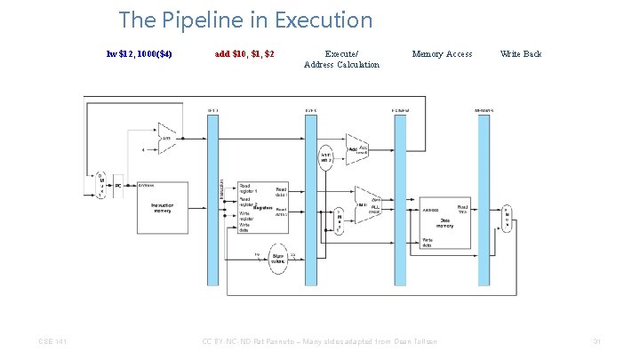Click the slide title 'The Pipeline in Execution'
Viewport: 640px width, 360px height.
point(245,20)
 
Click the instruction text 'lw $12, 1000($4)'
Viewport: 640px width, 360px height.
point(139,54)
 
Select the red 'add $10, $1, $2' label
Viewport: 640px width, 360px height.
point(244,54)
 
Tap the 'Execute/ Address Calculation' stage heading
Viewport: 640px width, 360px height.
point(341,59)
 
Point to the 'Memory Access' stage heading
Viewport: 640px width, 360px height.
point(442,54)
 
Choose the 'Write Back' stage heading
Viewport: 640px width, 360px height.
point(521,54)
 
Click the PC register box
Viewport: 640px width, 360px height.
point(117,186)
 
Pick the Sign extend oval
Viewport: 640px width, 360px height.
point(278,257)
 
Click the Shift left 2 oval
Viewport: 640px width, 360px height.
point(326,157)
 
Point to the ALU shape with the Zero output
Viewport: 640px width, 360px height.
point(367,206)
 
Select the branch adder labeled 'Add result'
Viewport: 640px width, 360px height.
point(357,148)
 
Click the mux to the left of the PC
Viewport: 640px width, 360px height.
point(101,186)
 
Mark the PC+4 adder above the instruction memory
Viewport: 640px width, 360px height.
point(167,138)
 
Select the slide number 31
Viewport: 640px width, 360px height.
point(597,341)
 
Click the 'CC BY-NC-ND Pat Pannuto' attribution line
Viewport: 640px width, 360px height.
point(319,341)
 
